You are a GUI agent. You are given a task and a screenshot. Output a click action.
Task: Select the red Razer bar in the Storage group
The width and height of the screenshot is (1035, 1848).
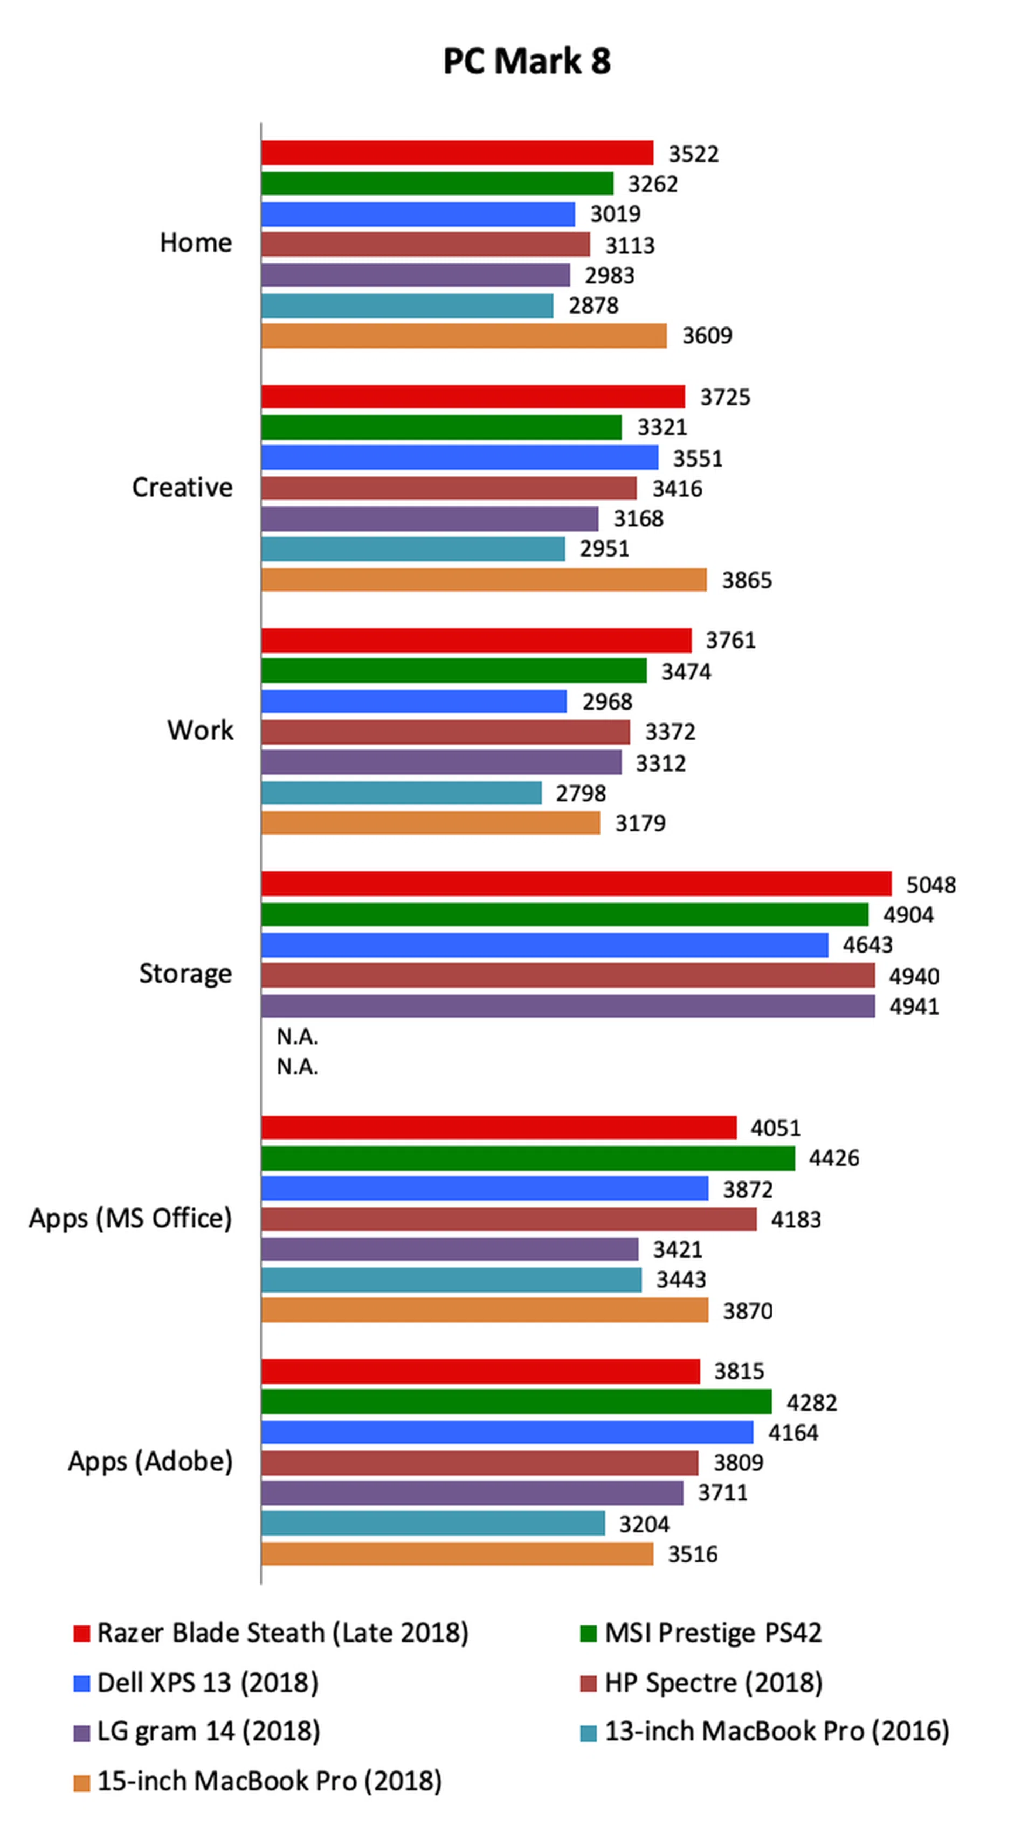click(576, 883)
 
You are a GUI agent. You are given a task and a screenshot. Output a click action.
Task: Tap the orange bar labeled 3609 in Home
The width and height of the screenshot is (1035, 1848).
click(463, 336)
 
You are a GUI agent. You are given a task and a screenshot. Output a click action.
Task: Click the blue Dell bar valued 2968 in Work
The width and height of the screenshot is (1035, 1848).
click(413, 701)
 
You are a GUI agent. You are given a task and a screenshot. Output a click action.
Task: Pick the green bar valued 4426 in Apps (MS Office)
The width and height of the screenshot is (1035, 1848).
click(528, 1158)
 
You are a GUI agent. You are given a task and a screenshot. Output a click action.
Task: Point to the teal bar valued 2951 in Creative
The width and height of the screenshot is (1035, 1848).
click(413, 549)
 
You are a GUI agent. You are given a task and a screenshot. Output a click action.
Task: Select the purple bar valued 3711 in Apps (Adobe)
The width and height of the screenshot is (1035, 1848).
click(472, 1493)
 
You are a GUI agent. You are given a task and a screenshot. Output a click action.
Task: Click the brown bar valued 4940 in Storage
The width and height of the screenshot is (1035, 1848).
click(567, 976)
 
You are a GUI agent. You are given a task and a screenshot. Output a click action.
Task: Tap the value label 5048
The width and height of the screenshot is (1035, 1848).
click(930, 885)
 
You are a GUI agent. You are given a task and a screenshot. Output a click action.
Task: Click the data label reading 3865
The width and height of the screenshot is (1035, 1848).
click(747, 580)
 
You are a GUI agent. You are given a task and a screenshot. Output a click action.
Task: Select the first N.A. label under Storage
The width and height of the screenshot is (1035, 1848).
click(297, 1037)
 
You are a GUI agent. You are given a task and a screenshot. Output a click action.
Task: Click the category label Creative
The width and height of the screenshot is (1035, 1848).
click(182, 487)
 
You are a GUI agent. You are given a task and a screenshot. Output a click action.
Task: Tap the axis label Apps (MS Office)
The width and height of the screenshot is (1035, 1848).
click(130, 1218)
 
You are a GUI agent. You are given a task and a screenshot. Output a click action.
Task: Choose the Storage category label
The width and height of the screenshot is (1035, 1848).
click(185, 974)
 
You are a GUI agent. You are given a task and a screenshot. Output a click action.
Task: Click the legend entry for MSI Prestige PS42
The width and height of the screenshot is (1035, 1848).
click(712, 1633)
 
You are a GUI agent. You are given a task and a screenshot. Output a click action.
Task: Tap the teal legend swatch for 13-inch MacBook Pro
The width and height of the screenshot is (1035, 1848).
click(588, 1733)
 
